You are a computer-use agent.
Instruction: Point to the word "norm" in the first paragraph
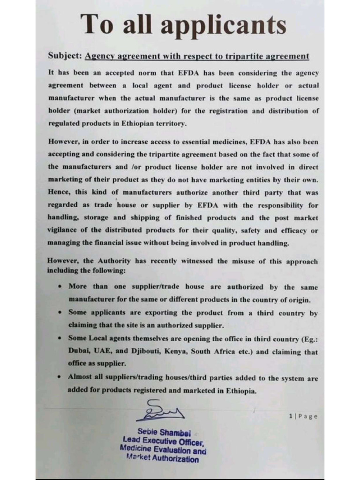pyautogui.click(x=145, y=73)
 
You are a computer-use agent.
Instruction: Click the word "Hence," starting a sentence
pyautogui.click(x=58, y=192)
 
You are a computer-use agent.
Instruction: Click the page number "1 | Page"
pyautogui.click(x=303, y=416)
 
